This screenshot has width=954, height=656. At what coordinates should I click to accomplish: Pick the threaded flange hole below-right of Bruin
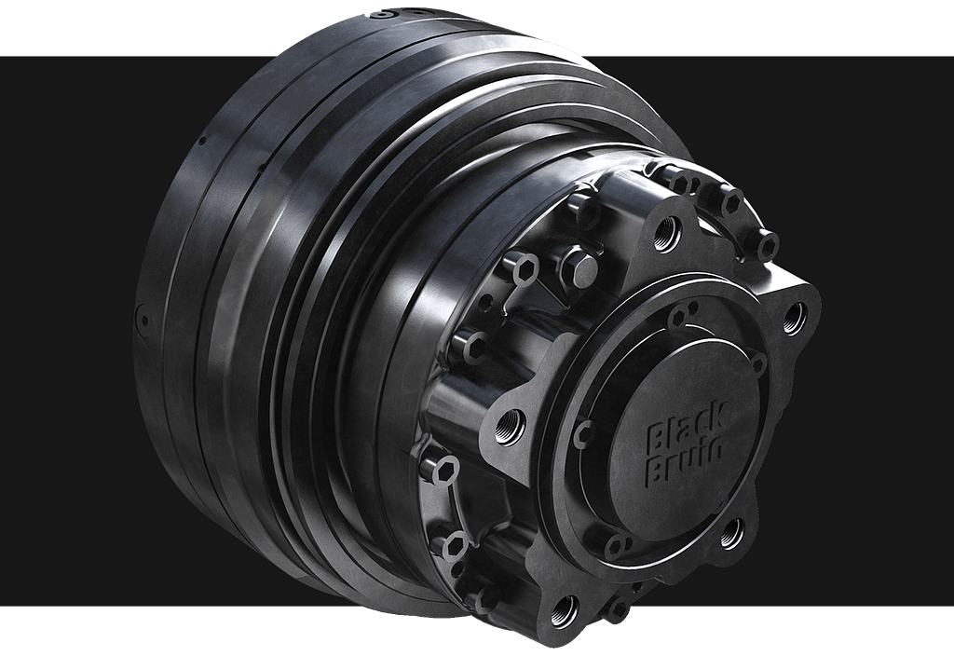pyautogui.click(x=732, y=533)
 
